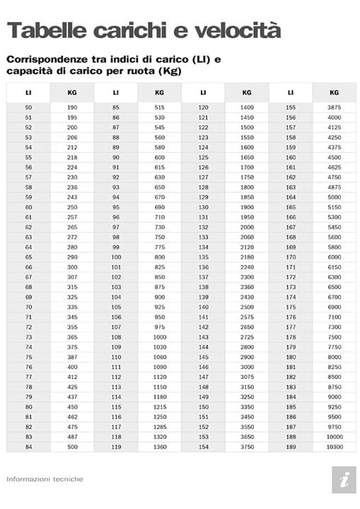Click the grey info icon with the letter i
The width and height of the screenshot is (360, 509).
point(344,479)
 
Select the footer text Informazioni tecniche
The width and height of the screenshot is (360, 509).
point(45,479)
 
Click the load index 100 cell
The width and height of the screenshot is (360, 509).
point(116,257)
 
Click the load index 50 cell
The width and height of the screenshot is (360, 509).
point(28,107)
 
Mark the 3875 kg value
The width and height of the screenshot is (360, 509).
point(334,107)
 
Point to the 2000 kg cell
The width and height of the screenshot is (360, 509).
point(246,227)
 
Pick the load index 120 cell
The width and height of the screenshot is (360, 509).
point(204,107)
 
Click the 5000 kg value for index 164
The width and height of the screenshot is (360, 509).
point(334,197)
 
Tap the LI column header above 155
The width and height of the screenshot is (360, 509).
point(291,92)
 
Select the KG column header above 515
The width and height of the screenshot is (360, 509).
point(159,92)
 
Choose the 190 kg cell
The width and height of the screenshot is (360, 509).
point(72,107)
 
